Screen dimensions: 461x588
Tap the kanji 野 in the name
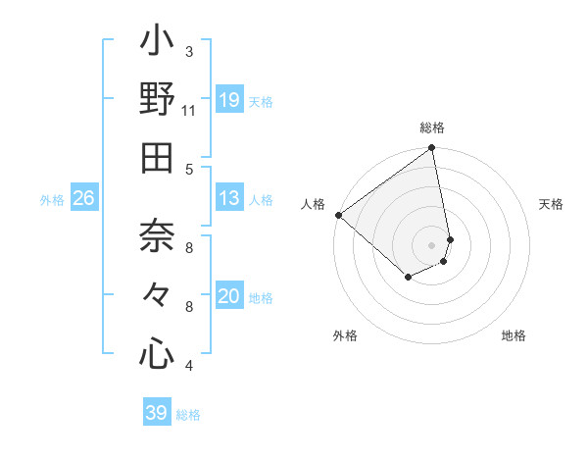point(157,100)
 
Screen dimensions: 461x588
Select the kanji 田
point(157,158)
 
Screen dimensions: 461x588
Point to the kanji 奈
point(157,236)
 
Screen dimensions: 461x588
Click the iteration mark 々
point(157,295)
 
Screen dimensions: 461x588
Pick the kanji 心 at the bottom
point(157,354)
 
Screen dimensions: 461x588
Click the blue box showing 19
point(229,100)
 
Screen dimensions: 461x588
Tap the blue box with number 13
point(229,198)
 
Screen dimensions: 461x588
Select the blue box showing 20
point(229,296)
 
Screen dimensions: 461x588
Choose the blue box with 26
point(84,198)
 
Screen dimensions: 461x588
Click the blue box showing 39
point(156,413)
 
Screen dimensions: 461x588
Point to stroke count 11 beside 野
point(189,111)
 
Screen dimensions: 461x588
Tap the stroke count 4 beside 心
point(189,366)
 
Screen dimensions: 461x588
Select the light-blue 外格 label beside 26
point(52,200)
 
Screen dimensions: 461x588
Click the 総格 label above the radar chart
point(432,128)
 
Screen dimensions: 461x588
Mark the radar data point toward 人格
point(338,215)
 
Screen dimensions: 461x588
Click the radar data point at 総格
point(431,149)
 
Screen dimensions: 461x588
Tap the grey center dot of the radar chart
point(431,244)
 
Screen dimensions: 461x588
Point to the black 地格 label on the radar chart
point(514,335)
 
